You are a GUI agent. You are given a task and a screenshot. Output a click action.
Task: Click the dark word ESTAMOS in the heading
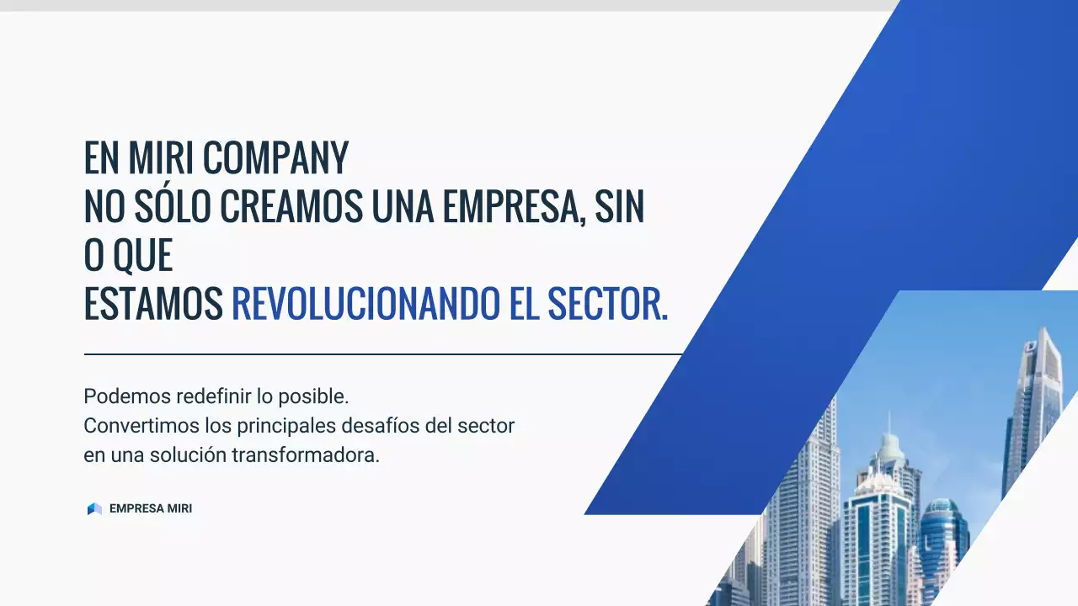(x=153, y=304)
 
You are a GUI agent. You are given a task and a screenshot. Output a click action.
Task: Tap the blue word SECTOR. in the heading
(x=607, y=304)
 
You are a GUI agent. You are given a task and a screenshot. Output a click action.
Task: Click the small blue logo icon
(x=94, y=509)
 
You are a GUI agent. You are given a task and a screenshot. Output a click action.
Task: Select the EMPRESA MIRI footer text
(x=151, y=509)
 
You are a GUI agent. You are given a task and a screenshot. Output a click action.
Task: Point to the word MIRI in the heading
(x=164, y=157)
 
